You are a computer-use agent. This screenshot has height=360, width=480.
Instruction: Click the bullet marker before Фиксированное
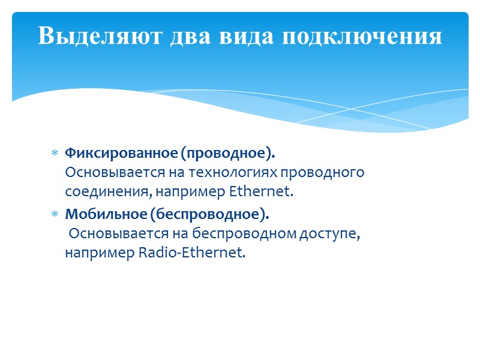click(x=54, y=154)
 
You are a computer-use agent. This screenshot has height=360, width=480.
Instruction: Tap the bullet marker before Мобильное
click(x=54, y=214)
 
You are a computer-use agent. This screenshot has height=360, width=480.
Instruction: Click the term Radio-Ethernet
click(x=192, y=253)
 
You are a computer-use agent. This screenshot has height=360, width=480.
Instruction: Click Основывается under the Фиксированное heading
click(x=106, y=173)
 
